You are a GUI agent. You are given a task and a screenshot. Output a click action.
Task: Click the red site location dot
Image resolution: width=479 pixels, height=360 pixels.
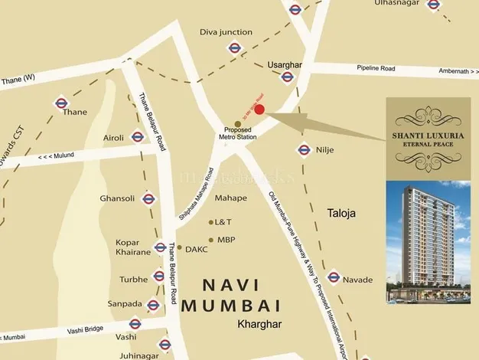click(x=259, y=110)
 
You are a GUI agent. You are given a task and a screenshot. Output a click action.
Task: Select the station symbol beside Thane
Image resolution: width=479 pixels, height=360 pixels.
click(x=60, y=103)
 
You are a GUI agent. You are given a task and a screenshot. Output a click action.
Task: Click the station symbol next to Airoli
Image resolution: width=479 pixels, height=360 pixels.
click(x=138, y=137)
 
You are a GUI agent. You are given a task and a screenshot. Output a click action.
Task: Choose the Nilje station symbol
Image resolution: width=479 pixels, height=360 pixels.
click(x=304, y=150)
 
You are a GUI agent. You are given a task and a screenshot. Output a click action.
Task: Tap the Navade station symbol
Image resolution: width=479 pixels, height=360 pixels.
click(x=333, y=277)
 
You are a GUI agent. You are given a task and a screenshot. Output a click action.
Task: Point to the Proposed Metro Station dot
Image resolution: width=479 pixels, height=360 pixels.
click(x=238, y=123)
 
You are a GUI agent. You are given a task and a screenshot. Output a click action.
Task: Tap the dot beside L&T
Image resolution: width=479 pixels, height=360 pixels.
click(x=211, y=222)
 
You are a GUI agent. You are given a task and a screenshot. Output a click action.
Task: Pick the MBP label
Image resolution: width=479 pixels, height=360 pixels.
click(x=225, y=240)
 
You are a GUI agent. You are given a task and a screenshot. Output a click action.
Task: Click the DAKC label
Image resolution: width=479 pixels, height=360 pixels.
click(x=196, y=248)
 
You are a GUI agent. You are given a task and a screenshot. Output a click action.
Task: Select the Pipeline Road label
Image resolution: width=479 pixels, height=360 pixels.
click(x=376, y=68)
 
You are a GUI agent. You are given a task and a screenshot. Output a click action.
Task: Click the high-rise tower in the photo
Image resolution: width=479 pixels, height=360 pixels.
click(x=417, y=230)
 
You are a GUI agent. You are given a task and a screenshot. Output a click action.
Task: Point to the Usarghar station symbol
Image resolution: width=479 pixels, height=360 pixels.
click(x=288, y=77)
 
